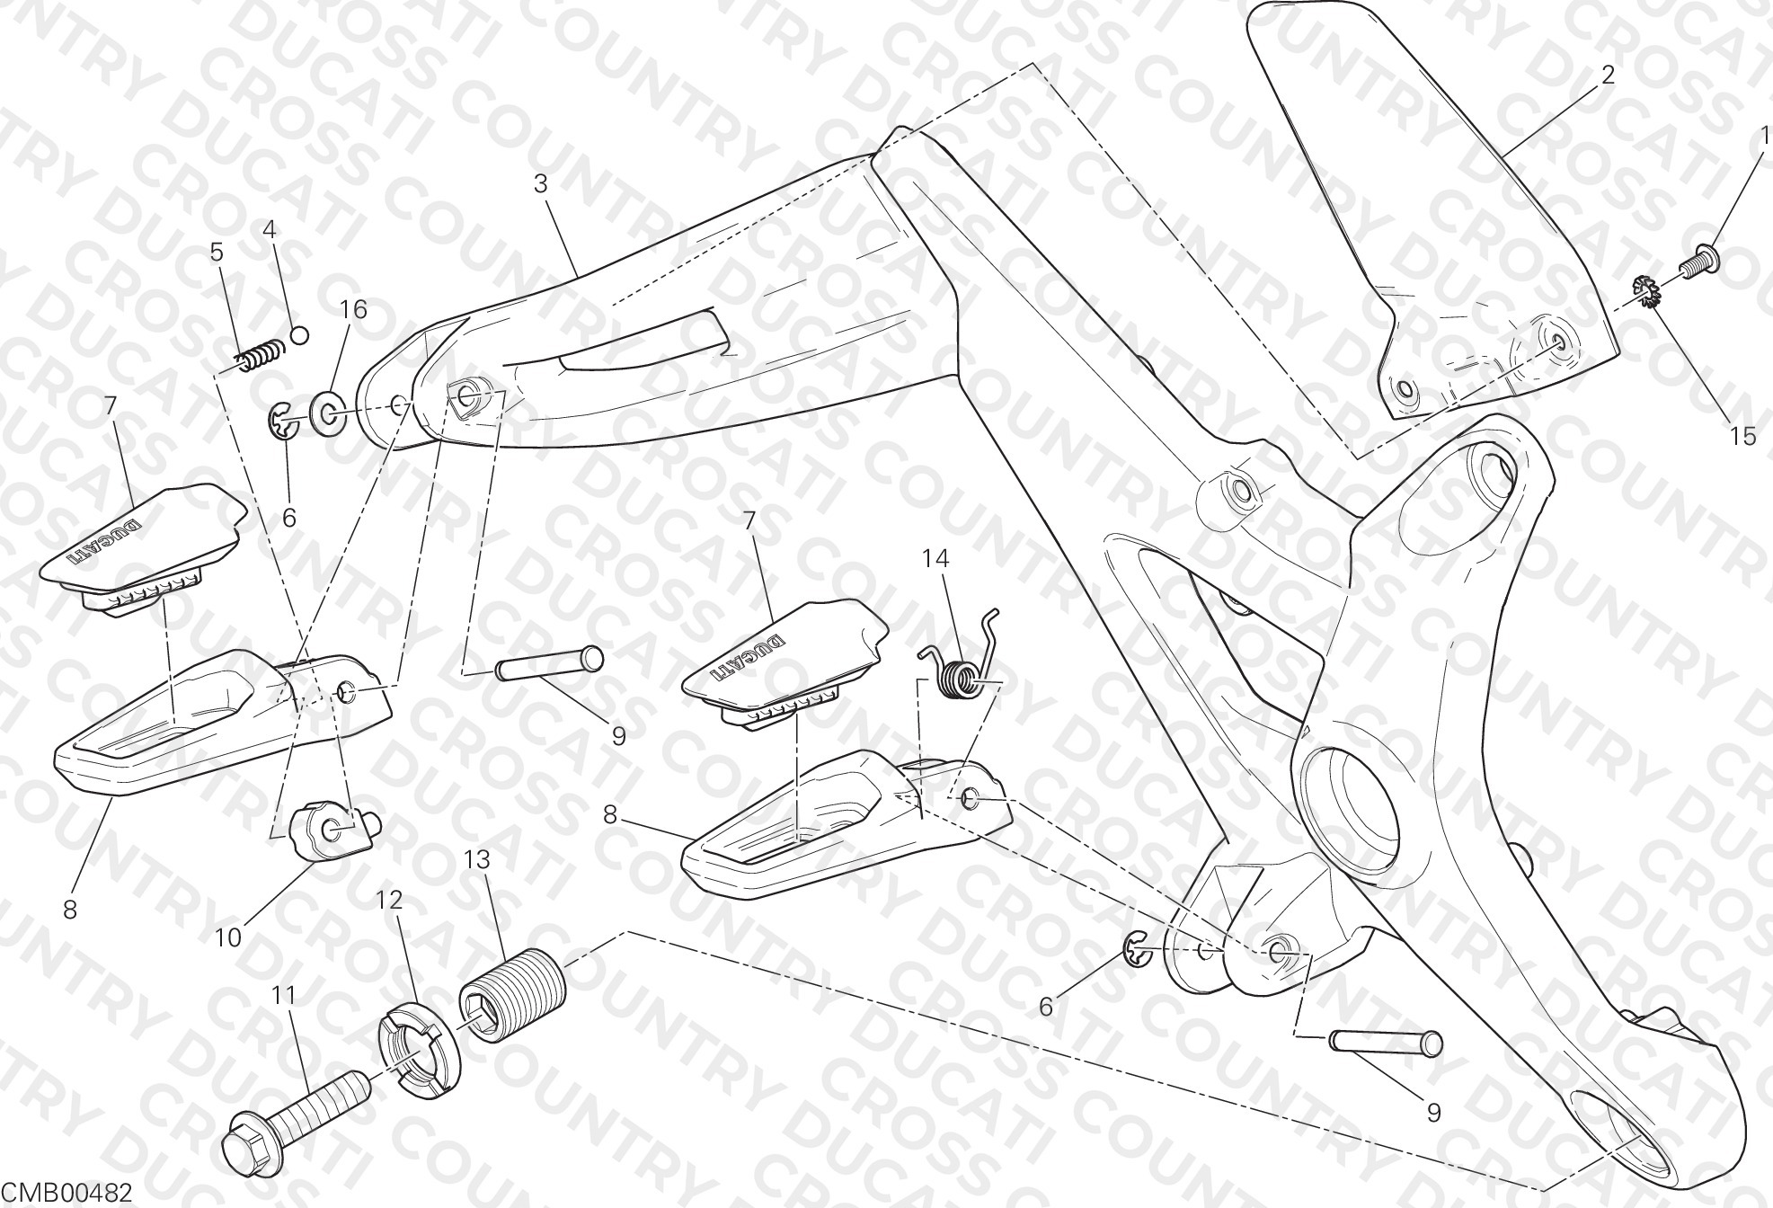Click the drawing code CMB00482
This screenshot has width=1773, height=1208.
click(x=68, y=1193)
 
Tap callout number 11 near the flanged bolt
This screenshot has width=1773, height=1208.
click(x=284, y=995)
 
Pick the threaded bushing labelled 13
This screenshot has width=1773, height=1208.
click(x=513, y=996)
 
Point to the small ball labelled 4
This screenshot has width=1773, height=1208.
click(x=301, y=335)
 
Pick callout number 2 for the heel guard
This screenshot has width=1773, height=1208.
click(x=1608, y=74)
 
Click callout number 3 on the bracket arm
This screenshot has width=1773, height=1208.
click(x=540, y=183)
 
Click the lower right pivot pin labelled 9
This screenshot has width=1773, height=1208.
click(x=1386, y=1044)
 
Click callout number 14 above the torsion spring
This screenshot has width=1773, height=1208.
click(x=935, y=558)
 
